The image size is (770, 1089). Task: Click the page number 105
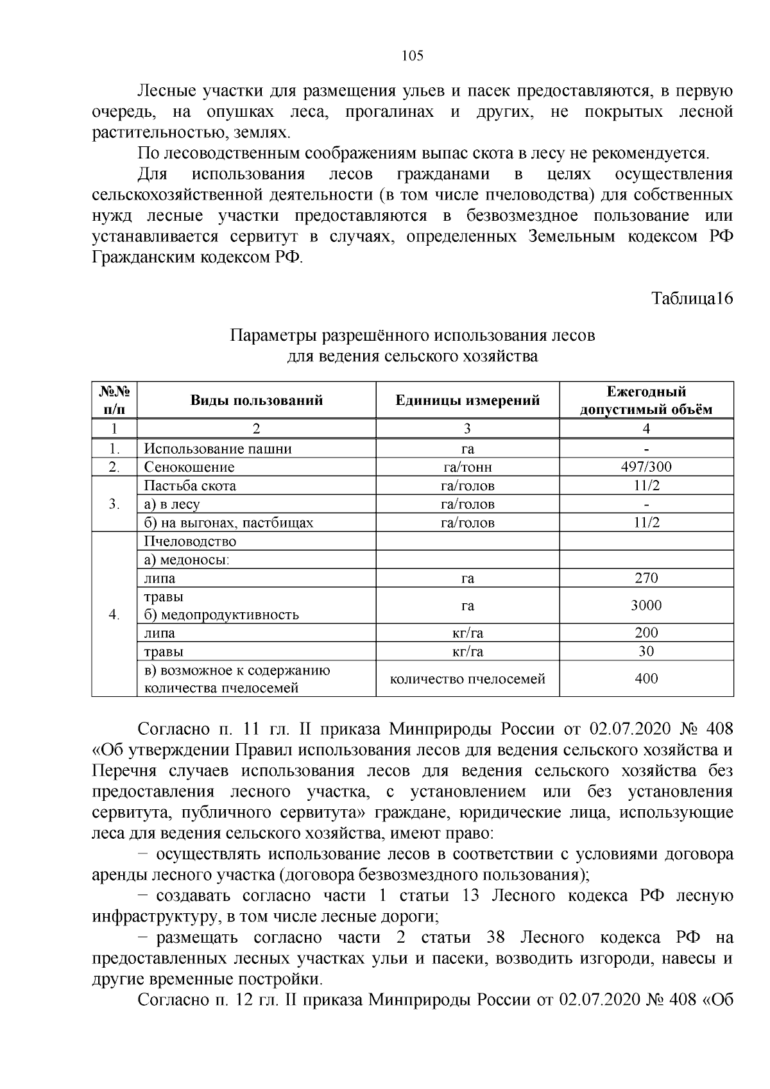412,56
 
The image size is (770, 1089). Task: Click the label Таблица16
692,298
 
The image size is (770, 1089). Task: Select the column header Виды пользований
256,401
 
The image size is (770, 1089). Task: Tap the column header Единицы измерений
468,401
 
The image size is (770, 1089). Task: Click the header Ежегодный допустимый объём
646,401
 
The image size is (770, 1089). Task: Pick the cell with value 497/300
646,467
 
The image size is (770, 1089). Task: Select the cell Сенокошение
189,467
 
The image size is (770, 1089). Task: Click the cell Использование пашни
218,449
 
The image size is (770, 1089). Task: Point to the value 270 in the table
646,578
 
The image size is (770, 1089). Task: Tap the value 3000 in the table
646,606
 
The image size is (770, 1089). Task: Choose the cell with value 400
646,678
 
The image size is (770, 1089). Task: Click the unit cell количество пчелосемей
468,678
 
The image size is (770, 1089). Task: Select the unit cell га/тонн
468,467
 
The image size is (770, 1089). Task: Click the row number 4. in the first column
114,615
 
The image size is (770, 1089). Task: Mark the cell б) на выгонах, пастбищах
228,522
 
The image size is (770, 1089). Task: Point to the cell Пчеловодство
190,542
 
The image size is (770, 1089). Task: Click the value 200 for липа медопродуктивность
646,633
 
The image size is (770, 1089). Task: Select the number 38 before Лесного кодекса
496,938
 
